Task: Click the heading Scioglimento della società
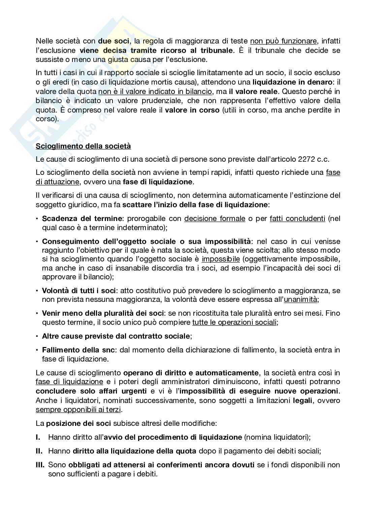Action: click(x=83, y=146)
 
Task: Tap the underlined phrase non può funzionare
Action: click(x=283, y=41)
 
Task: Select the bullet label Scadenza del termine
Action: click(x=81, y=218)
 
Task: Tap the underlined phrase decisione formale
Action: click(x=215, y=218)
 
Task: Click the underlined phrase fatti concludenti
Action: click(x=297, y=218)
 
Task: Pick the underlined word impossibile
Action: click(x=221, y=259)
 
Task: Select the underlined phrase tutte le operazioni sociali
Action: click(x=234, y=322)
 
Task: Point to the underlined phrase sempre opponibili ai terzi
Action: click(x=79, y=410)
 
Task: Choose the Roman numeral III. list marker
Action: click(x=40, y=465)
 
